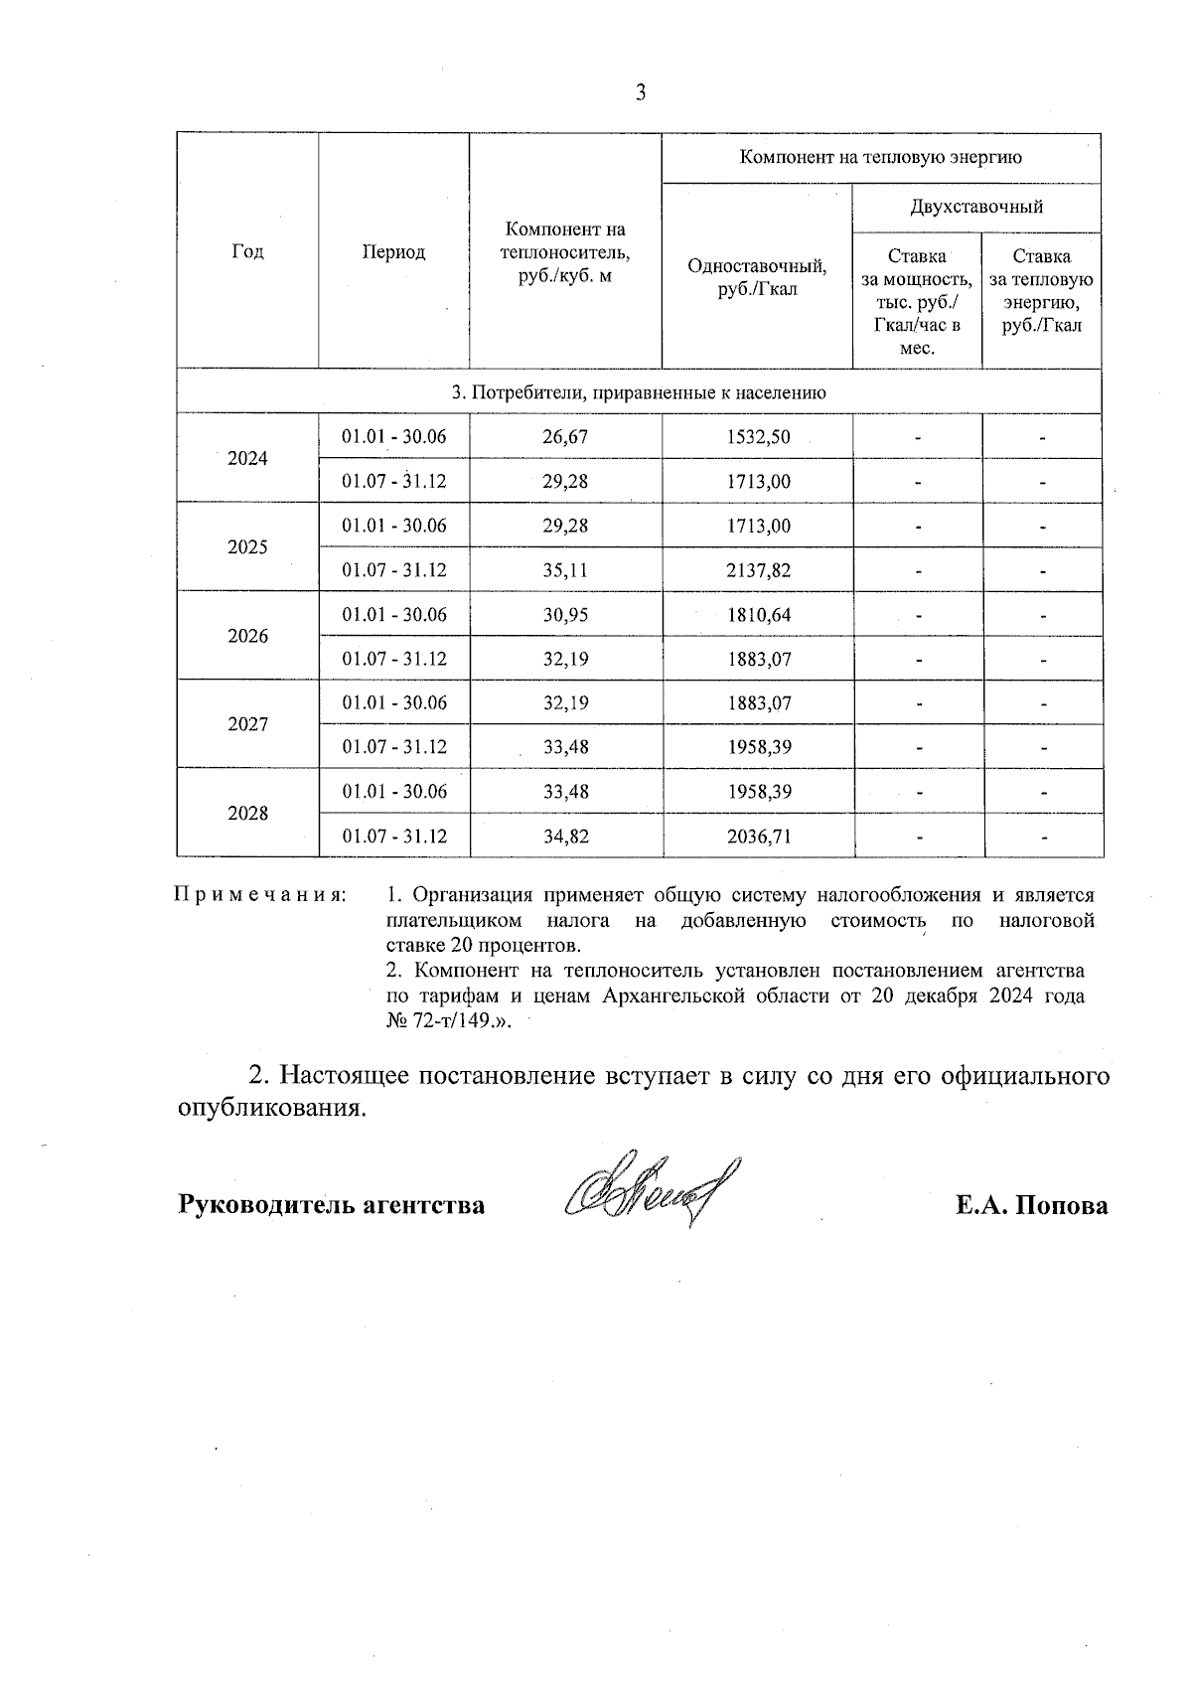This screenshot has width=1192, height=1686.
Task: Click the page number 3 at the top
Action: pyautogui.click(x=640, y=93)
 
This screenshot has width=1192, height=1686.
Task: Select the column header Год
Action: pyautogui.click(x=247, y=251)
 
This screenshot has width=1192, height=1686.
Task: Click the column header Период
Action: pyautogui.click(x=393, y=251)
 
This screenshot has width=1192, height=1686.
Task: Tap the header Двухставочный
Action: pyautogui.click(x=976, y=207)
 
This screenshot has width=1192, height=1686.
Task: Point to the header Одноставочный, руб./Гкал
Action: pyautogui.click(x=757, y=277)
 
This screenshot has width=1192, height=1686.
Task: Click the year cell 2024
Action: pyautogui.click(x=247, y=459)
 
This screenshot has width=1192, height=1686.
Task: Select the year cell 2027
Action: pyautogui.click(x=247, y=724)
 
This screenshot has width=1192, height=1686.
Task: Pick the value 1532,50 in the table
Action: pyautogui.click(x=759, y=437)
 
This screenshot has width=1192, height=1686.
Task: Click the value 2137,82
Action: pyautogui.click(x=759, y=570)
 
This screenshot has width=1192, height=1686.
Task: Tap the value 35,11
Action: pyautogui.click(x=565, y=570)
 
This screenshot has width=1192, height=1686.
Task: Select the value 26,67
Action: pyautogui.click(x=565, y=437)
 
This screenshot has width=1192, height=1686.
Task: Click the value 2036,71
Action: pyautogui.click(x=759, y=837)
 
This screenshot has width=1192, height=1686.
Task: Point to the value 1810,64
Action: pyautogui.click(x=759, y=615)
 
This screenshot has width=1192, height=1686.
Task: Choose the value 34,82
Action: pyautogui.click(x=565, y=837)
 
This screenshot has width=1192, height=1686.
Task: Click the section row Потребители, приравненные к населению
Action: pyautogui.click(x=639, y=392)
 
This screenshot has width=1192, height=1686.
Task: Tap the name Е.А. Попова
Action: pyautogui.click(x=1031, y=1205)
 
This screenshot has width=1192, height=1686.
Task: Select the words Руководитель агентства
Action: pyautogui.click(x=332, y=1205)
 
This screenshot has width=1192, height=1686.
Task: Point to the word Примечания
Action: pyautogui.click(x=260, y=895)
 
